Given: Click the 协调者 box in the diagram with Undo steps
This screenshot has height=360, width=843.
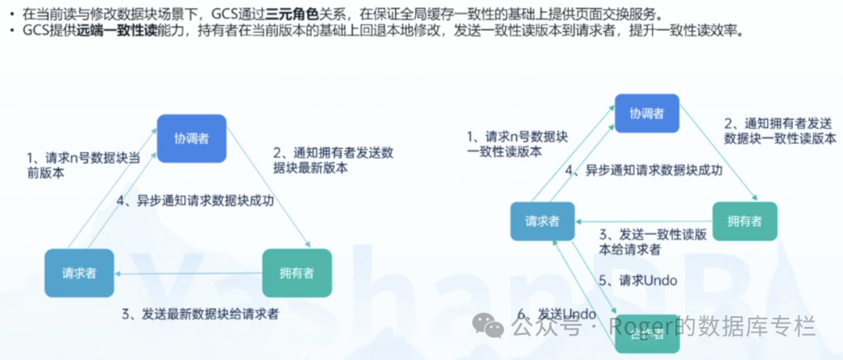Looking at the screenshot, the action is (x=646, y=113).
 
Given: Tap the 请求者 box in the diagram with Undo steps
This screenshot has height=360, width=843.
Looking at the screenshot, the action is (x=542, y=221).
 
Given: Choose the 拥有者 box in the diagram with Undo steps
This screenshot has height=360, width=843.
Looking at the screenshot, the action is (x=744, y=221).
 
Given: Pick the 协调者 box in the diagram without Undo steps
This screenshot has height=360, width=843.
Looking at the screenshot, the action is (x=191, y=137).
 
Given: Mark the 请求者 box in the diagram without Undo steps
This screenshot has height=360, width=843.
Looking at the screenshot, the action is (x=79, y=273).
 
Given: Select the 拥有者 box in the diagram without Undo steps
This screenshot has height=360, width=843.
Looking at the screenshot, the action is (x=297, y=273).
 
